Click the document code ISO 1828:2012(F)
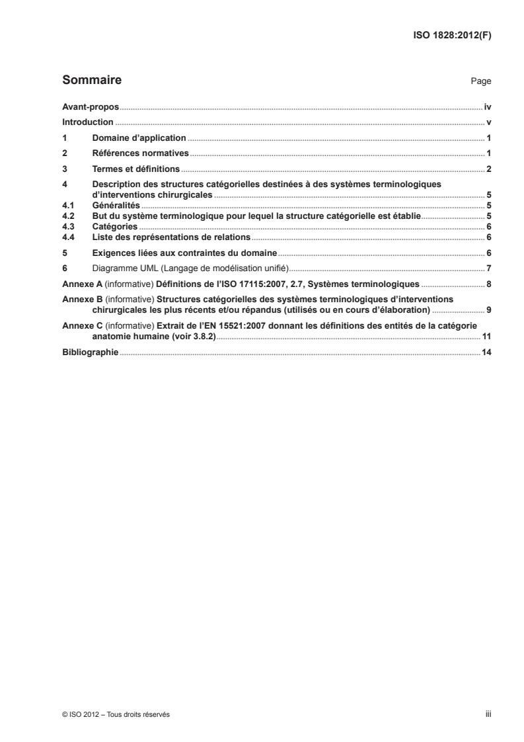point(451,36)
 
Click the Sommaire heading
point(91,81)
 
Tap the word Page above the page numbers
point(480,81)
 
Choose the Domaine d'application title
point(139,138)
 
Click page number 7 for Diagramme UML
point(488,268)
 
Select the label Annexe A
point(81,284)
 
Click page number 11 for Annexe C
point(486,337)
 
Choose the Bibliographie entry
point(90,352)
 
